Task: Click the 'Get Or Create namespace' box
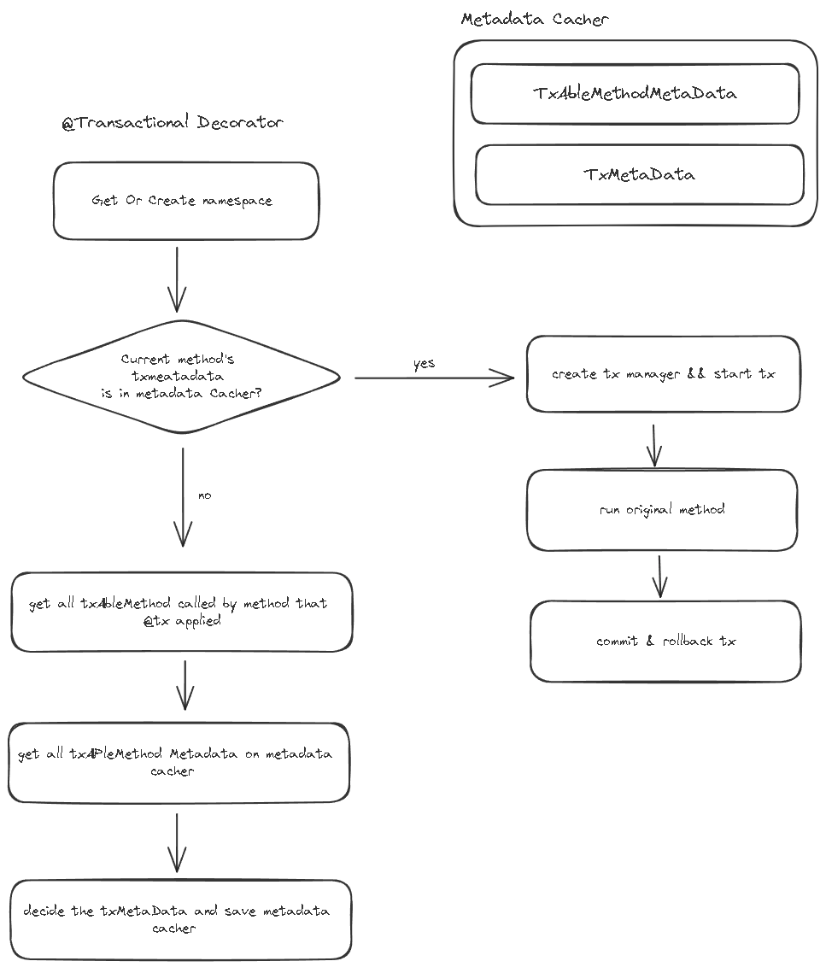pos(185,201)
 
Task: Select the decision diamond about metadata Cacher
pos(181,376)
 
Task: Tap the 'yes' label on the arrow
pos(425,364)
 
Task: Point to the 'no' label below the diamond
pos(205,495)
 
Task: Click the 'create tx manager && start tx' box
pos(663,373)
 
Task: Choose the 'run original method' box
pos(662,510)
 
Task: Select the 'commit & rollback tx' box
pos(665,642)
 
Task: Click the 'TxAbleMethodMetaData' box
pos(635,94)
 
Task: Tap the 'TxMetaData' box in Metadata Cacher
pos(640,174)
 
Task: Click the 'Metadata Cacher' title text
pos(534,19)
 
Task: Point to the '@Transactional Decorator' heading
pos(172,122)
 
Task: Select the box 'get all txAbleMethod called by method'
pos(181,612)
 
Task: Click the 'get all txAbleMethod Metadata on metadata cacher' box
pos(179,762)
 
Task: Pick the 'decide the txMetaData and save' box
pos(180,919)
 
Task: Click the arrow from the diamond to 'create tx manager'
pos(434,378)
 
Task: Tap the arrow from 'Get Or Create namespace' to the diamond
pos(177,279)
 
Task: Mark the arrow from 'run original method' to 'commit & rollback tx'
pos(660,577)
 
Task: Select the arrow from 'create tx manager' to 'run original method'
pos(654,445)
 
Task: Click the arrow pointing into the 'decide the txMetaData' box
pos(177,843)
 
